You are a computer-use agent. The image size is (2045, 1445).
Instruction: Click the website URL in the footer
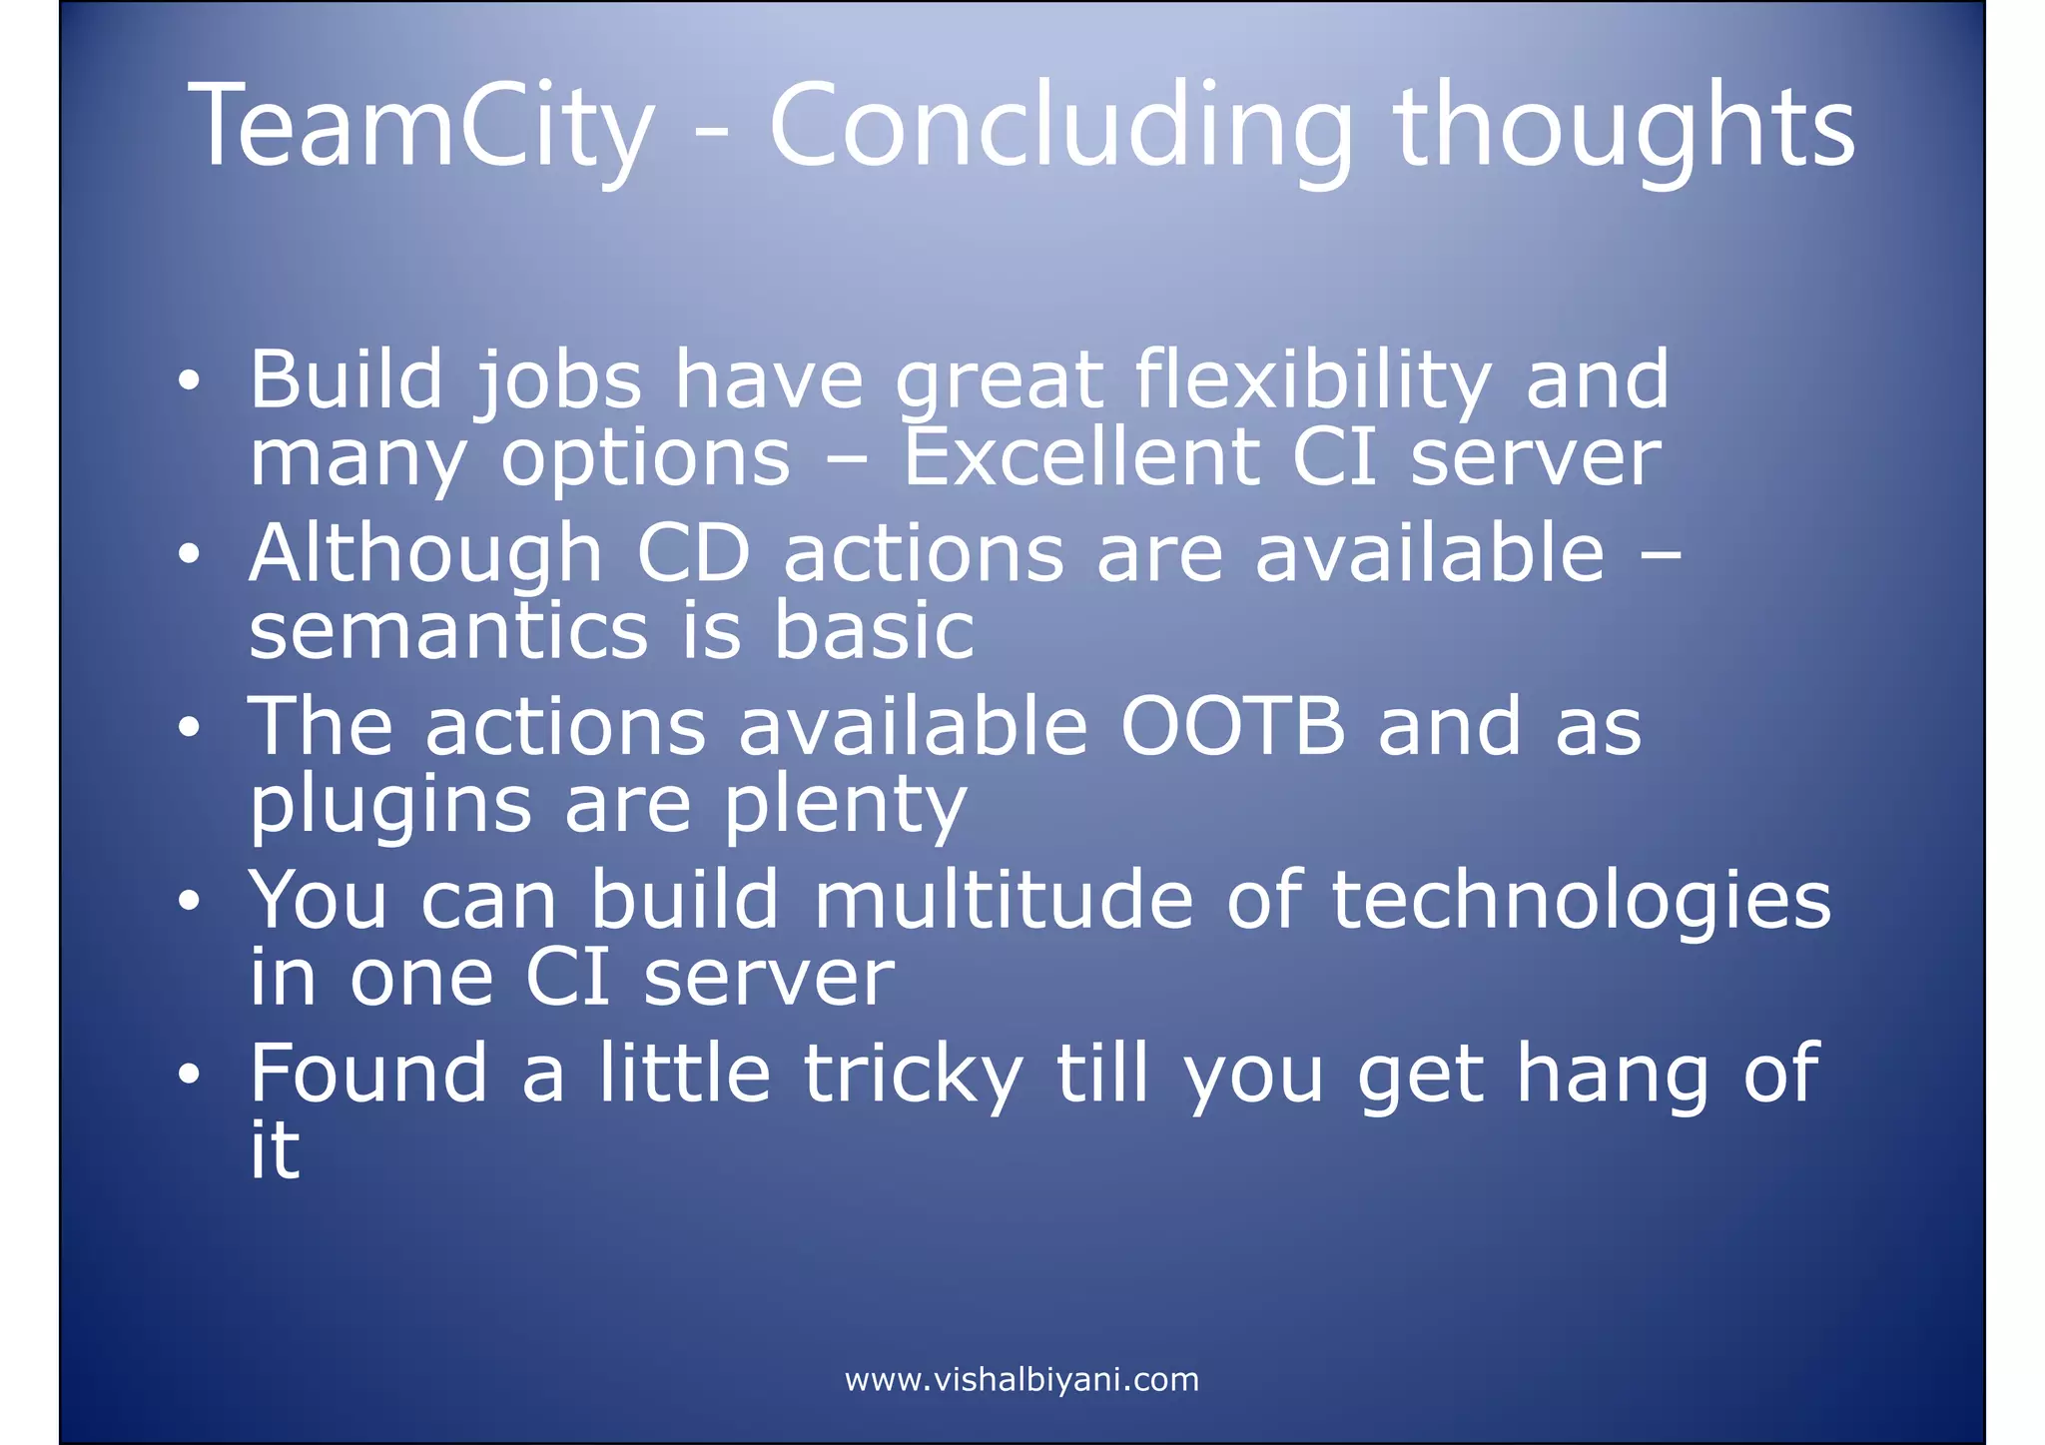coord(1022,1380)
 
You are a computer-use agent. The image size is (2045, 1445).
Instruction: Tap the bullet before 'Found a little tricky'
coord(189,1076)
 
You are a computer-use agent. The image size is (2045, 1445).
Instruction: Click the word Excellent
coord(1080,458)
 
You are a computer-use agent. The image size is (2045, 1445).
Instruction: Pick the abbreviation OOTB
coord(1232,727)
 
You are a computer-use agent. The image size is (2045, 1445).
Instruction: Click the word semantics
coord(448,631)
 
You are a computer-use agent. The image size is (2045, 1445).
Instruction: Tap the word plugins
coord(390,805)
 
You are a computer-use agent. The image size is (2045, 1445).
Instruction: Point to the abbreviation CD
coord(693,554)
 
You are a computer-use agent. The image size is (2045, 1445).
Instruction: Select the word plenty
coord(845,805)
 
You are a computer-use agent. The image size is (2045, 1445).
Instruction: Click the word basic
coord(874,631)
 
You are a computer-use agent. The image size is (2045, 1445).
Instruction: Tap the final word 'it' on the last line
coord(274,1150)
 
